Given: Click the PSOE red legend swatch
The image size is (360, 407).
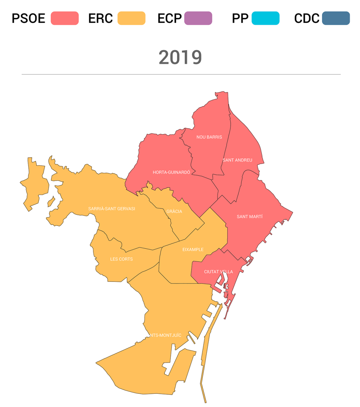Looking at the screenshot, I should pyautogui.click(x=65, y=18).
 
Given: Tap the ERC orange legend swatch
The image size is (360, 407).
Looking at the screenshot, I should pyautogui.click(x=132, y=18).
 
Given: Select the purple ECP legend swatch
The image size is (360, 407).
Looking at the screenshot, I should pyautogui.click(x=198, y=18).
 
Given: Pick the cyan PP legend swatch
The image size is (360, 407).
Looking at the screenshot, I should pyautogui.click(x=266, y=18).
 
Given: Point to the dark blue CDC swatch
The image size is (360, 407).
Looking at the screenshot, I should pyautogui.click(x=336, y=18).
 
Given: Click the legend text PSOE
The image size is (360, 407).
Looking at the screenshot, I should pyautogui.click(x=28, y=18).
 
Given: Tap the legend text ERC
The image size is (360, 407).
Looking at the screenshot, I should pyautogui.click(x=100, y=18).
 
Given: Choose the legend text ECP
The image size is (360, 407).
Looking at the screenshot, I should pyautogui.click(x=170, y=18).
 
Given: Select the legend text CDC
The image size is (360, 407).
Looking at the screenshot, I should pyautogui.click(x=307, y=18).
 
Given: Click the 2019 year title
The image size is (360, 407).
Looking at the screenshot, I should pyautogui.click(x=180, y=58).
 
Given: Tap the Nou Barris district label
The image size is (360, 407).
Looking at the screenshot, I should pyautogui.click(x=209, y=137).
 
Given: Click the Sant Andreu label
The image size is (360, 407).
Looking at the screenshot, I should pyautogui.click(x=238, y=160).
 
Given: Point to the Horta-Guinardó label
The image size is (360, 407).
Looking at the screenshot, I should pyautogui.click(x=171, y=172).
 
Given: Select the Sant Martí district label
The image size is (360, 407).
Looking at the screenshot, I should pyautogui.click(x=250, y=217).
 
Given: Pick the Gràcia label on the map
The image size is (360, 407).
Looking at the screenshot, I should pyautogui.click(x=174, y=211).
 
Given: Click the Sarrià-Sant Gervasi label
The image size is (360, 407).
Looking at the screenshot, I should pyautogui.click(x=112, y=209).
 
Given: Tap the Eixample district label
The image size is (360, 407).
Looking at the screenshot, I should pyautogui.click(x=193, y=249).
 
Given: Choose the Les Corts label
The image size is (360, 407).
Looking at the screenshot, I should pyautogui.click(x=122, y=259).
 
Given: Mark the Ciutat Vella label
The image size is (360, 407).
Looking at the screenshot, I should pyautogui.click(x=218, y=272).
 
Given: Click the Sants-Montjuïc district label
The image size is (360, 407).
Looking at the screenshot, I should pyautogui.click(x=165, y=335).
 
